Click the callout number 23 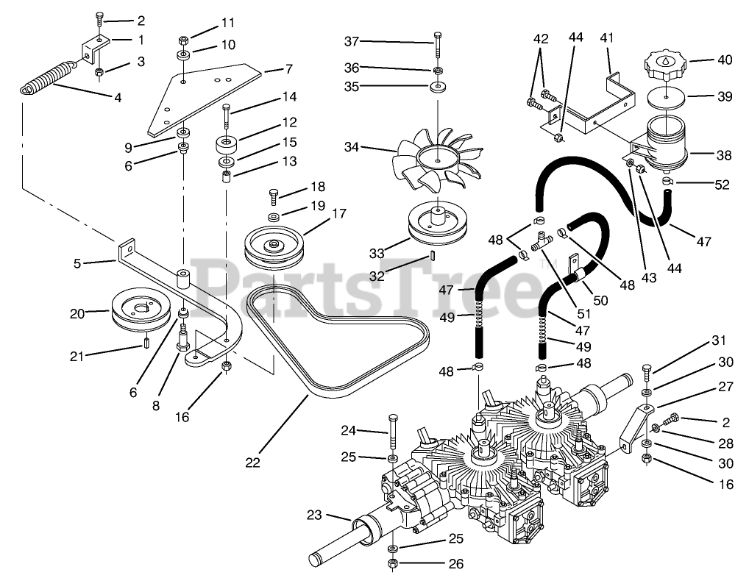pos(315,515)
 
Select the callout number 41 pos(606,37)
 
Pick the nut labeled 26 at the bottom pos(393,563)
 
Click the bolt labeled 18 pos(274,196)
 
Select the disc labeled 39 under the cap pos(665,96)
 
